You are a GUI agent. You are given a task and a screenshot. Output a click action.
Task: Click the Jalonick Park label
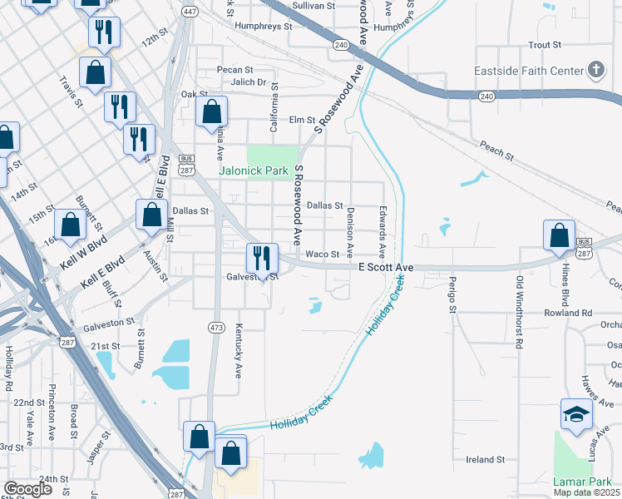click(x=253, y=170)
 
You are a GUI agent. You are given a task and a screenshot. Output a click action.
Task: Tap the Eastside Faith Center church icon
click(x=596, y=71)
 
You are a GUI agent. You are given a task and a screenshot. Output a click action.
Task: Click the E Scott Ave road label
click(x=386, y=267)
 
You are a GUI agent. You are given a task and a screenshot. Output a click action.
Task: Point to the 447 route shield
click(x=190, y=12)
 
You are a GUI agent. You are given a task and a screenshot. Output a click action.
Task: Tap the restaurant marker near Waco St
click(x=261, y=259)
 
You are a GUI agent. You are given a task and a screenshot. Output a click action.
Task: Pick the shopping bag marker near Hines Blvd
click(x=560, y=235)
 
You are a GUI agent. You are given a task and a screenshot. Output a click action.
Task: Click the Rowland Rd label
click(x=569, y=313)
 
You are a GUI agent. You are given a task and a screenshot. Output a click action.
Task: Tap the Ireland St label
click(x=486, y=459)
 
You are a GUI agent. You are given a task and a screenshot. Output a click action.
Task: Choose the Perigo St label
click(x=453, y=294)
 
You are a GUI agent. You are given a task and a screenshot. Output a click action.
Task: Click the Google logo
click(x=28, y=489)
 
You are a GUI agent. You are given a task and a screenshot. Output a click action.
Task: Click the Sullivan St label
click(x=313, y=5)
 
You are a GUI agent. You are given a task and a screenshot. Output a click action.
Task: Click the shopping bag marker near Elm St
click(x=213, y=112)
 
